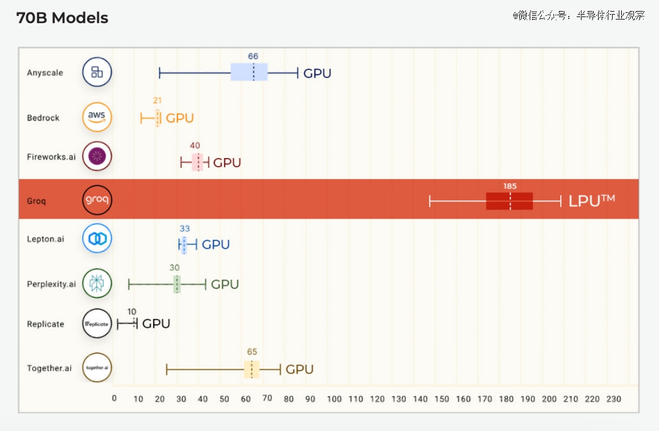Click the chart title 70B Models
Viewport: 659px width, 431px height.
click(x=62, y=18)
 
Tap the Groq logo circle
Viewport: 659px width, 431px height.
click(x=97, y=200)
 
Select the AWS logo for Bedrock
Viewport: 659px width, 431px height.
click(x=97, y=117)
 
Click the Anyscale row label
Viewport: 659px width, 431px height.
click(x=45, y=73)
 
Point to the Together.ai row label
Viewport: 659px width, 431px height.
click(x=49, y=368)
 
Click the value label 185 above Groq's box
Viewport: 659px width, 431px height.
click(x=510, y=186)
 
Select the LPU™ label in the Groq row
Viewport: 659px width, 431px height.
click(x=591, y=201)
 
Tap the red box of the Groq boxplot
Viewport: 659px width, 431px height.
click(x=510, y=201)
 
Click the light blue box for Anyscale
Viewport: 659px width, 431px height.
click(x=249, y=72)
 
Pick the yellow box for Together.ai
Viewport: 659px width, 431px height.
click(x=252, y=369)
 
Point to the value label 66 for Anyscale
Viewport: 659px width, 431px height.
click(x=253, y=56)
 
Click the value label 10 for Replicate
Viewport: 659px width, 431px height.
click(x=132, y=311)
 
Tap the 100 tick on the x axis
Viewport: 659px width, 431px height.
click(x=334, y=399)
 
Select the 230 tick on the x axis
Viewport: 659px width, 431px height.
click(x=614, y=399)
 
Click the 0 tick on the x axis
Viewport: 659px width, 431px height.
click(x=114, y=398)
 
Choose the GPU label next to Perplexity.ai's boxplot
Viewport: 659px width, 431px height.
click(x=225, y=284)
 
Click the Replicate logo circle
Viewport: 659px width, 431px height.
click(x=97, y=324)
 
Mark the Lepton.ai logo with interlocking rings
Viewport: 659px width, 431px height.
click(x=97, y=239)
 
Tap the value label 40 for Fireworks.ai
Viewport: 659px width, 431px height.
click(x=195, y=145)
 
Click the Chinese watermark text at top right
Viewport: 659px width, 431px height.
click(x=578, y=15)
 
